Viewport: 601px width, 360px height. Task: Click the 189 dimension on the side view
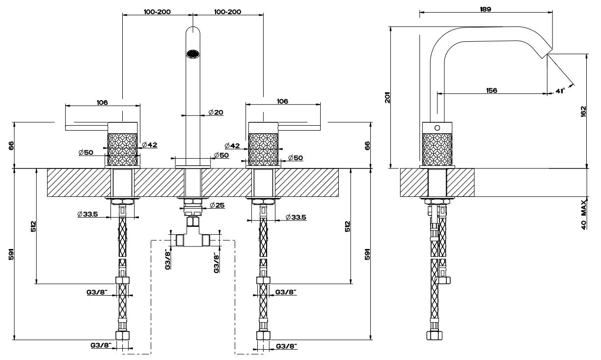pos(487,9)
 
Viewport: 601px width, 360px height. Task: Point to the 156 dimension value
pos(491,90)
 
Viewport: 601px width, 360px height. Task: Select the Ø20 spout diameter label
pos(216,112)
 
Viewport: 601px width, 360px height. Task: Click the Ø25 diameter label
pos(217,205)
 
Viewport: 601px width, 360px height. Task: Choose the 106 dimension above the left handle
pos(102,102)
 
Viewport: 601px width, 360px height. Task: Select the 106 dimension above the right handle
pos(282,101)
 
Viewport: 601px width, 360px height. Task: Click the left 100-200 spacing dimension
pos(157,11)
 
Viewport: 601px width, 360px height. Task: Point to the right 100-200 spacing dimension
pos(228,11)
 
